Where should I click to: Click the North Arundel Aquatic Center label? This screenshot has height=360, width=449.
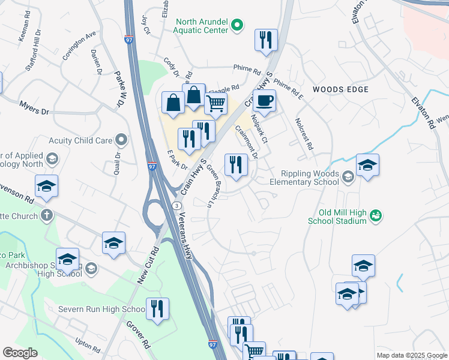[202, 25]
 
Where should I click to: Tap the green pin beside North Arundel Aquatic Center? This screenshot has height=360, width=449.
[238, 25]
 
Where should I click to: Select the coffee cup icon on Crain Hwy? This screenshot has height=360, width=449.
[264, 101]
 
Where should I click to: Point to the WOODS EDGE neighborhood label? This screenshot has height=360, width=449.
[340, 89]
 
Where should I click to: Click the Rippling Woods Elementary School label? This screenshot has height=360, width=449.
[304, 178]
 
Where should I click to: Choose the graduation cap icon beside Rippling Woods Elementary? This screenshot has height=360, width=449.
[367, 165]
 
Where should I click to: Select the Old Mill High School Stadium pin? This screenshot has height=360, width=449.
[376, 215]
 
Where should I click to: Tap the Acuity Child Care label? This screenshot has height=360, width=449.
[86, 140]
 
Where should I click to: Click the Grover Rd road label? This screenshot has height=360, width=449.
[137, 335]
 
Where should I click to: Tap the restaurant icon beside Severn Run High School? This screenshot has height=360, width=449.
[157, 308]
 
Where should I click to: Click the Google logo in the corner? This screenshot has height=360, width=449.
[20, 353]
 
